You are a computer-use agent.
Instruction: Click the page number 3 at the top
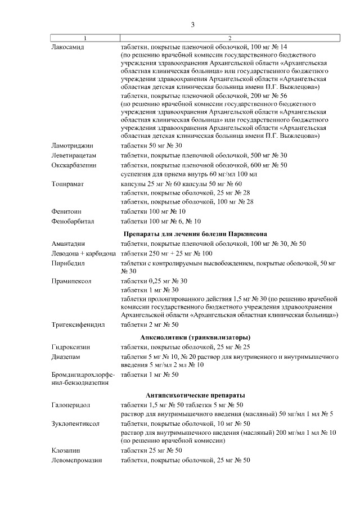click(x=192, y=24)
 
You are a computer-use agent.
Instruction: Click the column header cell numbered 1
click(x=85, y=38)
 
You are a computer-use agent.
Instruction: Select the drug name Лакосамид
click(x=67, y=47)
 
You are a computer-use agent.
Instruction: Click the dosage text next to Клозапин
click(x=151, y=451)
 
